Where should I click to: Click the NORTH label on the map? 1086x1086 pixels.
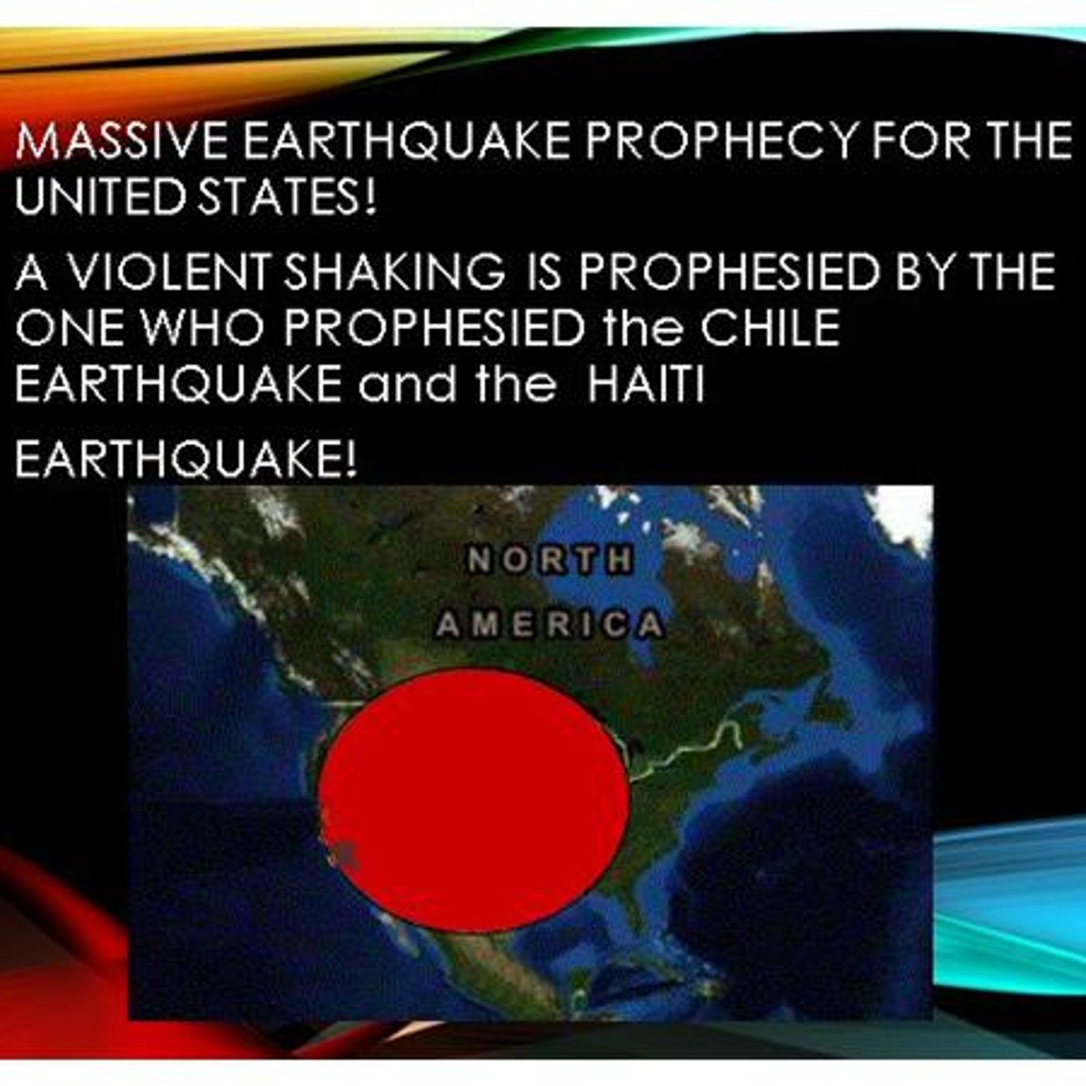[x=549, y=560]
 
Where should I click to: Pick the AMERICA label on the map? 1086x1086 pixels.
[x=549, y=624]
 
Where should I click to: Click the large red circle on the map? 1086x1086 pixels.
[x=474, y=799]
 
